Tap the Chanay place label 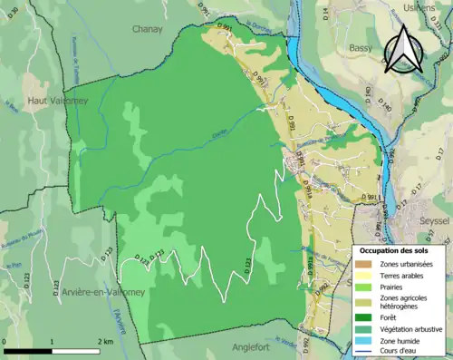tap(148, 29)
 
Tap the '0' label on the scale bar tap(5, 342)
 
